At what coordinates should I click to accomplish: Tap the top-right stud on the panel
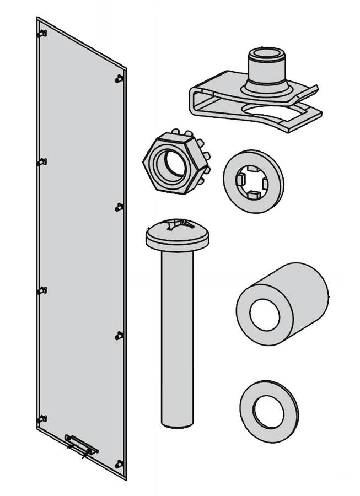click(x=119, y=79)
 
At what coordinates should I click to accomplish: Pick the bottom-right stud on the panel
click(x=119, y=464)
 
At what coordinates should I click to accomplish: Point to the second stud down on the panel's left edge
click(x=42, y=162)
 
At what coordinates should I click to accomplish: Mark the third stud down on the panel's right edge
click(x=119, y=335)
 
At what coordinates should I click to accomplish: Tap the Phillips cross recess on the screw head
click(x=177, y=225)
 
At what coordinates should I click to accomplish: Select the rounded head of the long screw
click(x=177, y=234)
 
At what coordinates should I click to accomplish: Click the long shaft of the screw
click(x=177, y=331)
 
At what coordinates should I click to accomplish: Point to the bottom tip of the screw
click(x=177, y=423)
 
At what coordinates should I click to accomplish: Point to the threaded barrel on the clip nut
click(x=266, y=66)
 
